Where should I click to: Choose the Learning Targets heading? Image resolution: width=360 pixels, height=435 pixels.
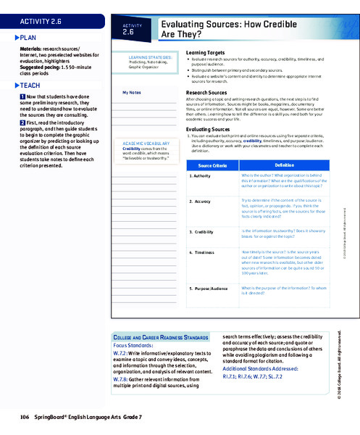[206, 53]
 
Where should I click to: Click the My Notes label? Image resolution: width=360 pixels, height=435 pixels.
[132, 93]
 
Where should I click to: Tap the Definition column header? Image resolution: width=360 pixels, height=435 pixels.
[284, 165]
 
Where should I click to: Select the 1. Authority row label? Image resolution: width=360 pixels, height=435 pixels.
[201, 175]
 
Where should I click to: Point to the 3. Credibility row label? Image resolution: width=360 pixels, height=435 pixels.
[203, 231]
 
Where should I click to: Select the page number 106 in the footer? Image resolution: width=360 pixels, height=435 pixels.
[25, 418]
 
